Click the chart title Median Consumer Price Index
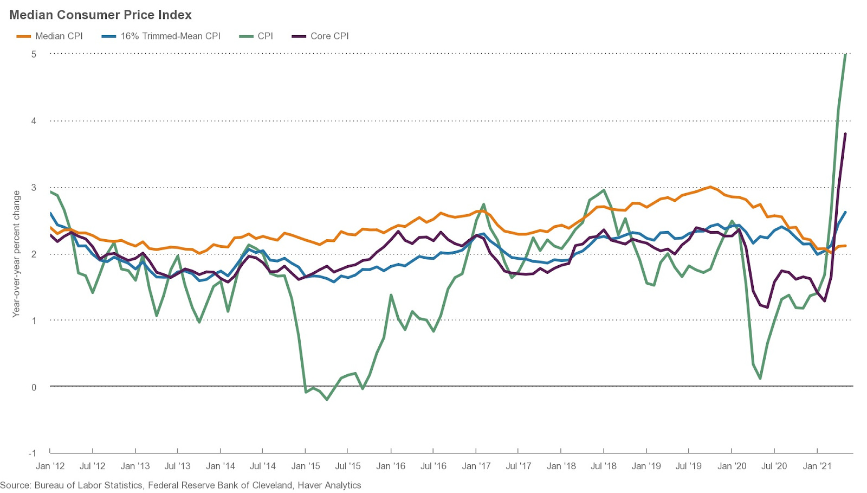pyautogui.click(x=100, y=15)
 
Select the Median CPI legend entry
pyautogui.click(x=59, y=36)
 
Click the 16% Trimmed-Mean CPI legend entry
pyautogui.click(x=170, y=36)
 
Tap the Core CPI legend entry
pyautogui.click(x=329, y=36)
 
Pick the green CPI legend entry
pyautogui.click(x=265, y=36)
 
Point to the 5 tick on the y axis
pyautogui.click(x=34, y=54)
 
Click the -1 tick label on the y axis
pyautogui.click(x=33, y=453)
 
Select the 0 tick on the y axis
pyautogui.click(x=34, y=387)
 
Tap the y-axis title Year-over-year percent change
pyautogui.click(x=16, y=254)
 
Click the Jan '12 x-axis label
pyautogui.click(x=50, y=466)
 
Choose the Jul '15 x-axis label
pyautogui.click(x=348, y=466)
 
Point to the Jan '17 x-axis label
pyautogui.click(x=476, y=466)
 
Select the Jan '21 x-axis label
pyautogui.click(x=817, y=466)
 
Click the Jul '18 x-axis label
pyautogui.click(x=604, y=466)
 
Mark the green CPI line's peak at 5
pyautogui.click(x=846, y=54)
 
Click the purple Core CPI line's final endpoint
pyautogui.click(x=845, y=133)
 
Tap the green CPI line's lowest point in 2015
pyautogui.click(x=327, y=400)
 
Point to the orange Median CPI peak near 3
pyautogui.click(x=710, y=187)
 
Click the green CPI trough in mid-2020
pyautogui.click(x=761, y=379)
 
